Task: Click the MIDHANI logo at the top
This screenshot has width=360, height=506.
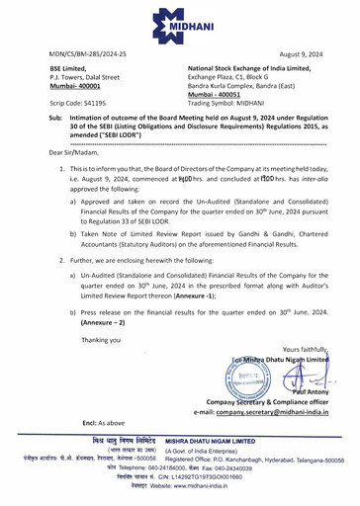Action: (179, 21)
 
